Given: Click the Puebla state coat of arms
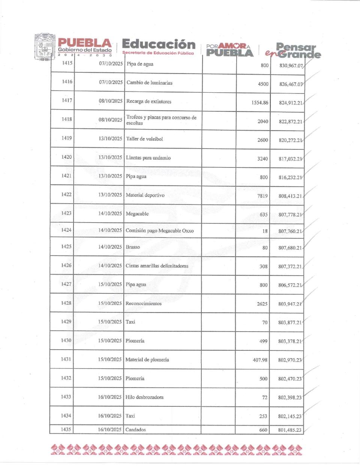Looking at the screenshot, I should [45, 47].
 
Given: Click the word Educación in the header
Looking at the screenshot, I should [159, 44].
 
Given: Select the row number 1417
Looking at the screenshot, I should [67, 101].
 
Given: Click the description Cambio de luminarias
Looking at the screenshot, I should [149, 83].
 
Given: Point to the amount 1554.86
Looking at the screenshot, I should [260, 103].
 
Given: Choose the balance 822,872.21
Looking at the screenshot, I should [290, 122].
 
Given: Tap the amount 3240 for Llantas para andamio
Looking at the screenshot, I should [262, 159].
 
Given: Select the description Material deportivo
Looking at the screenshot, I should [145, 195].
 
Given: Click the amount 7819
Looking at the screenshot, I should [262, 196].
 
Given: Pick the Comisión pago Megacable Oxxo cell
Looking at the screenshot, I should [159, 231].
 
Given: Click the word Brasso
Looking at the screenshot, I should [133, 247].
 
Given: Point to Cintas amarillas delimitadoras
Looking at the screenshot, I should [157, 266].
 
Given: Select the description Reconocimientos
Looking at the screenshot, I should [143, 304].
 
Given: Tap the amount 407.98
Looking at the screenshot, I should [260, 360].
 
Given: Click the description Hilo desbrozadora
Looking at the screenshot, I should [144, 397].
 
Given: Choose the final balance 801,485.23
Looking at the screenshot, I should [289, 430].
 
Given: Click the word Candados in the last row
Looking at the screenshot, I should [135, 430].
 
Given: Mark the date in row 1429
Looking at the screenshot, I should [110, 322].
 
